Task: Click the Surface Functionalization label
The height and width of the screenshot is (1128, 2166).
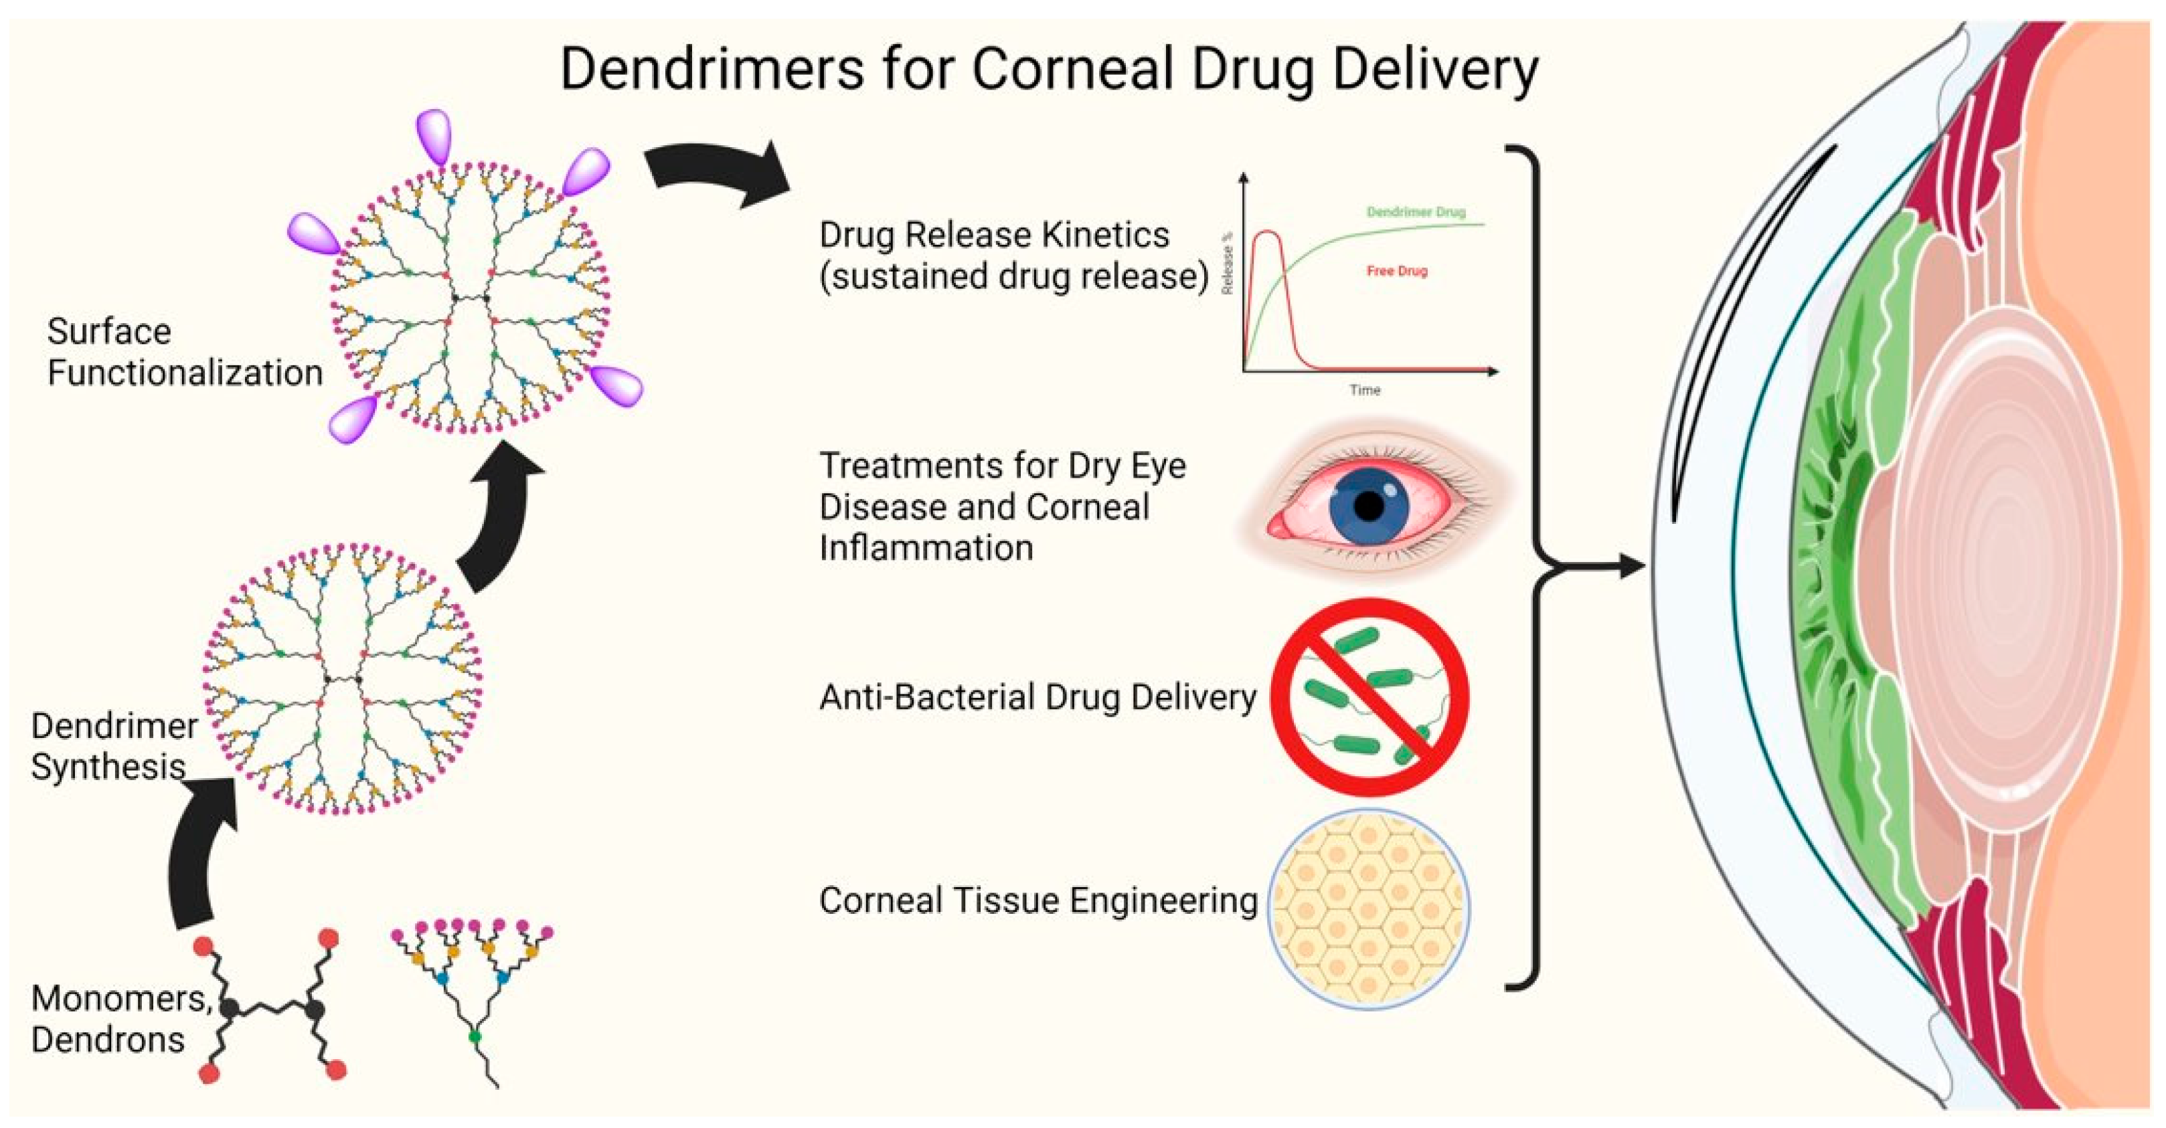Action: click(x=184, y=352)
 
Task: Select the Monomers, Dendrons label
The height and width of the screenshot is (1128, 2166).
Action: click(x=120, y=1019)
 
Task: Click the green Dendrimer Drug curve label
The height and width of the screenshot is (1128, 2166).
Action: click(x=1416, y=212)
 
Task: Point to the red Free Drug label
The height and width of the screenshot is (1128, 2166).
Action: click(x=1397, y=271)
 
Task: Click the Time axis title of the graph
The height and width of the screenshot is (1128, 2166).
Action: click(x=1365, y=390)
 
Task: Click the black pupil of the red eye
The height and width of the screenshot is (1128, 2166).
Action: click(x=1369, y=506)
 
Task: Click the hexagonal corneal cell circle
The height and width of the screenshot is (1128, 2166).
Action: click(x=1369, y=909)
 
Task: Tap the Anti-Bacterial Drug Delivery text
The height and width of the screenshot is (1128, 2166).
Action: click(x=1037, y=697)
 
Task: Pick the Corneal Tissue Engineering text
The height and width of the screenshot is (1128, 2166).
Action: click(x=1037, y=901)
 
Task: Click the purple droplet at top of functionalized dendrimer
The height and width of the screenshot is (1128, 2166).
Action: click(x=434, y=134)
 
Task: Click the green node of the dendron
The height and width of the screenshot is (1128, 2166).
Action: click(x=475, y=1036)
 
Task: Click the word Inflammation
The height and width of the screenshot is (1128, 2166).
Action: click(x=926, y=548)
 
